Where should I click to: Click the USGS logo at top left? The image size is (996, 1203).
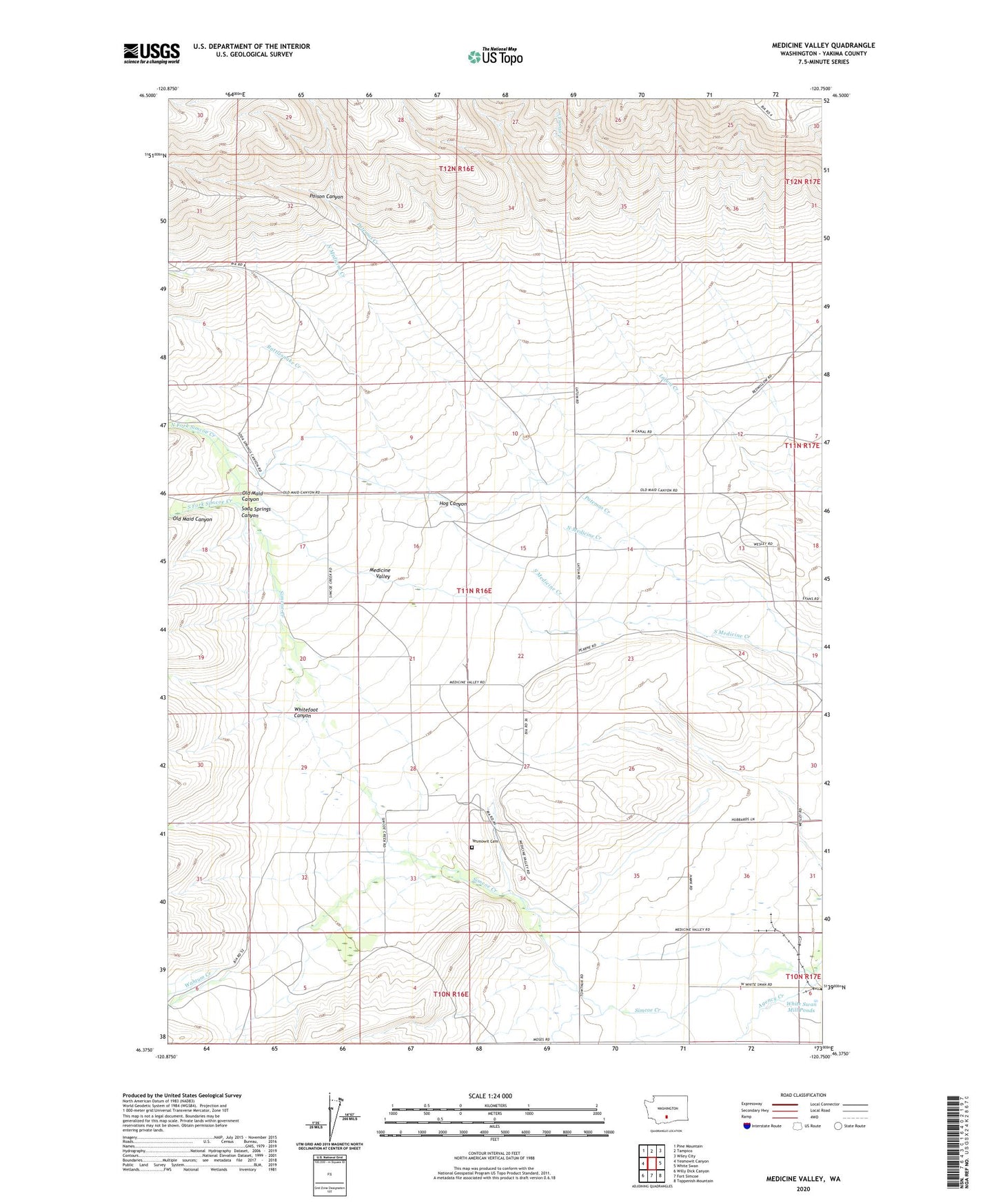[152, 53]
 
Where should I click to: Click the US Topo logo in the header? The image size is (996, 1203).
[495, 56]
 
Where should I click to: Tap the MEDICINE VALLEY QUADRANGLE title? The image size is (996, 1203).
[823, 45]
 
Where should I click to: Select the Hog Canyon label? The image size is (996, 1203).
[452, 504]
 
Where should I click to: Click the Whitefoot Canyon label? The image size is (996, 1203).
[306, 712]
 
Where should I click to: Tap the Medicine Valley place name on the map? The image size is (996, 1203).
[380, 573]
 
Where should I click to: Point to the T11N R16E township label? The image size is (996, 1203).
[474, 590]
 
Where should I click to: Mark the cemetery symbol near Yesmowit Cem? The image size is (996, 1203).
[472, 848]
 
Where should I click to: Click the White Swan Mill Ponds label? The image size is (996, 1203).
[802, 1007]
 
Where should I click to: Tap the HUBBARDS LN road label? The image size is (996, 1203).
[762, 819]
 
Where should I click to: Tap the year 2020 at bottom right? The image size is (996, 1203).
[802, 1189]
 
